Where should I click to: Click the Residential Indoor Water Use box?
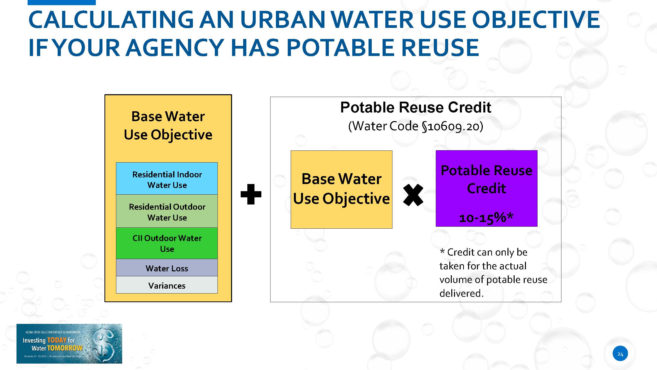(167, 179)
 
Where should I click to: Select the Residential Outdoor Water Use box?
(167, 211)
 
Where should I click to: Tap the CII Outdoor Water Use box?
(167, 243)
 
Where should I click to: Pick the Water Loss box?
(167, 268)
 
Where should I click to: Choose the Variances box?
(167, 285)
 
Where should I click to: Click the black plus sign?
(251, 194)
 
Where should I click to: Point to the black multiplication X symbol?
(413, 195)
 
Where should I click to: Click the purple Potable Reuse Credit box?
(486, 188)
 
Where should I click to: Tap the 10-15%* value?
(486, 218)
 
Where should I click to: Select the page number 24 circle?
(620, 354)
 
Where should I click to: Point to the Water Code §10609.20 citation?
(416, 126)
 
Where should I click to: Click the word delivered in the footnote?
(461, 293)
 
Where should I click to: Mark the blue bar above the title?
(62, 2)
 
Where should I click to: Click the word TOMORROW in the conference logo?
(65, 348)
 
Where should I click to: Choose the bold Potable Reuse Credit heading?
(416, 107)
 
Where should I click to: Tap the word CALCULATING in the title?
(111, 19)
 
